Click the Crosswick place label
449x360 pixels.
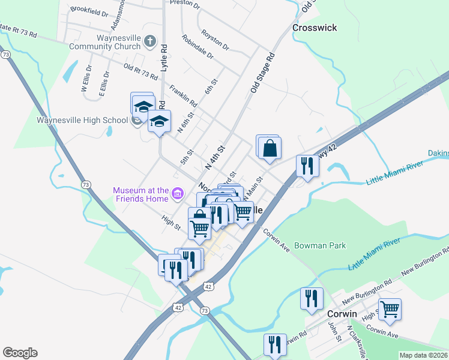[x=314, y=28]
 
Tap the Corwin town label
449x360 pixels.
[x=342, y=314]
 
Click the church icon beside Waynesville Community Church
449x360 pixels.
[x=149, y=41]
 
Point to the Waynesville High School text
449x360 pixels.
[x=82, y=119]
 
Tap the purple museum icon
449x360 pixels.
[x=177, y=193]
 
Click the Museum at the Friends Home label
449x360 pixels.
[x=141, y=196]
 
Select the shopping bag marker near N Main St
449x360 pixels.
[x=270, y=147]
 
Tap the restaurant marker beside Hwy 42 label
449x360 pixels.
[x=307, y=166]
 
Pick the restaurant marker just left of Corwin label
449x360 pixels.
[x=311, y=299]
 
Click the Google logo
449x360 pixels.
[x=20, y=353]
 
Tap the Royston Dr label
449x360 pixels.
[x=215, y=40]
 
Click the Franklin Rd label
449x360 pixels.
[x=184, y=94]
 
